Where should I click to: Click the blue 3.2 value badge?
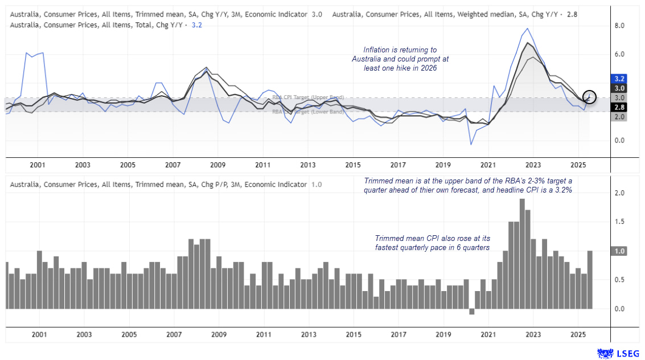619,78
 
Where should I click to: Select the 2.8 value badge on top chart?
619,107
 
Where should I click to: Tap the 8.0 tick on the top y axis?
619,26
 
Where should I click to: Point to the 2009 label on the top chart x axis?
217,165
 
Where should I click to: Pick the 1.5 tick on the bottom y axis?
619,222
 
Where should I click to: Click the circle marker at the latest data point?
590,97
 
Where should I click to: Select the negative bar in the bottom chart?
471,312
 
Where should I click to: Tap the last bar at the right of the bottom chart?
590,280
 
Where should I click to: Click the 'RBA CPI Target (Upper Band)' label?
307,97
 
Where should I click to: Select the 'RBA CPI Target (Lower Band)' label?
307,112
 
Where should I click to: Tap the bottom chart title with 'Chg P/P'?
159,185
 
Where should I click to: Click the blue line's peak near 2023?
527,28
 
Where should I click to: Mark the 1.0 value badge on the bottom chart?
619,251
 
